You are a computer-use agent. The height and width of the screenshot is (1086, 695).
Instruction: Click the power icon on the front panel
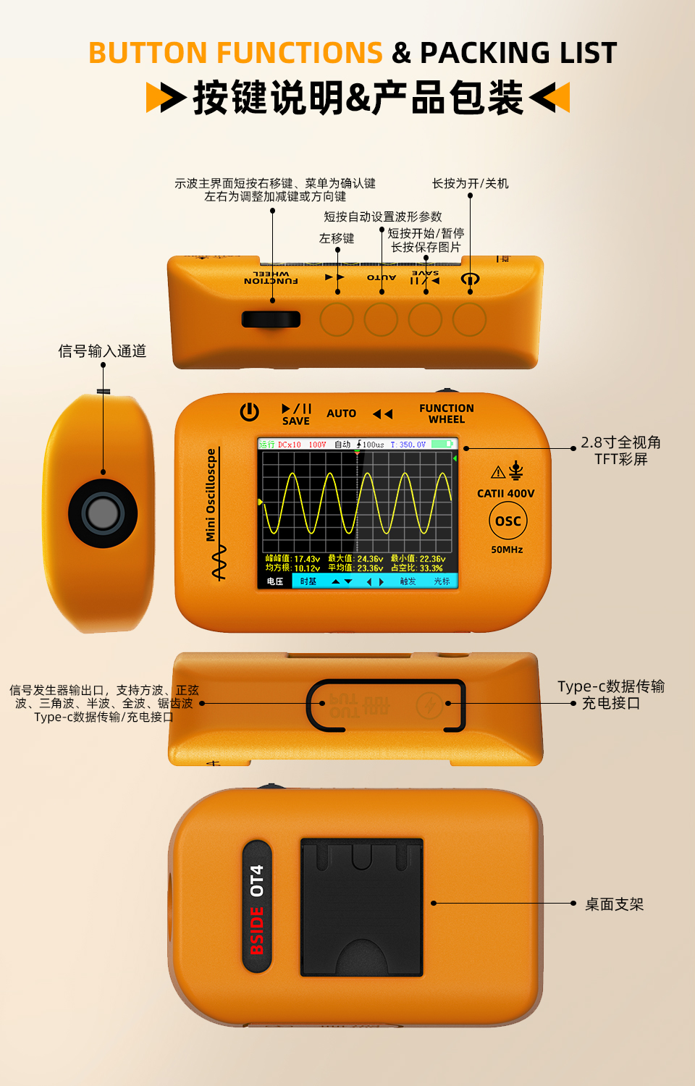tap(249, 412)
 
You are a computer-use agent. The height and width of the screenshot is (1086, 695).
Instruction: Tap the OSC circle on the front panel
tap(508, 521)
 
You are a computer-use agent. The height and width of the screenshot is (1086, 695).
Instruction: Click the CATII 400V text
tap(505, 494)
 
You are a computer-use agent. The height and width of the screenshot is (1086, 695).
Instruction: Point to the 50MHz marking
tap(507, 550)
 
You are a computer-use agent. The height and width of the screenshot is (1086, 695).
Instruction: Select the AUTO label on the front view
tap(341, 413)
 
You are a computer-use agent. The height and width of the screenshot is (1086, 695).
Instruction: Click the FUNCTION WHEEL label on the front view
tap(447, 413)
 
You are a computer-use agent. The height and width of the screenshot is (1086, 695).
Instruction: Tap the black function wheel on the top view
tap(271, 319)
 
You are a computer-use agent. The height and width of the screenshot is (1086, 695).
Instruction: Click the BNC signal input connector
tap(103, 513)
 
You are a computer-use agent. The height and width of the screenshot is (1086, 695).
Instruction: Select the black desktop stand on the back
tap(361, 907)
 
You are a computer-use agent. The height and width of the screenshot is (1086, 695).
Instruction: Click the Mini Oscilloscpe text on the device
tap(211, 494)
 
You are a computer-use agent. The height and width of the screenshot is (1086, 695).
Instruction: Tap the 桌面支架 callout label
tap(614, 904)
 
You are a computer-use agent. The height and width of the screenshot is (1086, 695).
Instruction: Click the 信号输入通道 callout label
tap(102, 351)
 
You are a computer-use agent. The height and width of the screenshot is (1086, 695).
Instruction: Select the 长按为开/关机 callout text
tap(470, 184)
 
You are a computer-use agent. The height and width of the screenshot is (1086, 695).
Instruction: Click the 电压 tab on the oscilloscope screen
tap(275, 581)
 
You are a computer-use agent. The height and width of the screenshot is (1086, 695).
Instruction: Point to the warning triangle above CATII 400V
tap(498, 473)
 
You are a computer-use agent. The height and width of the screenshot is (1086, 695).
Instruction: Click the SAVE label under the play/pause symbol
tap(295, 421)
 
